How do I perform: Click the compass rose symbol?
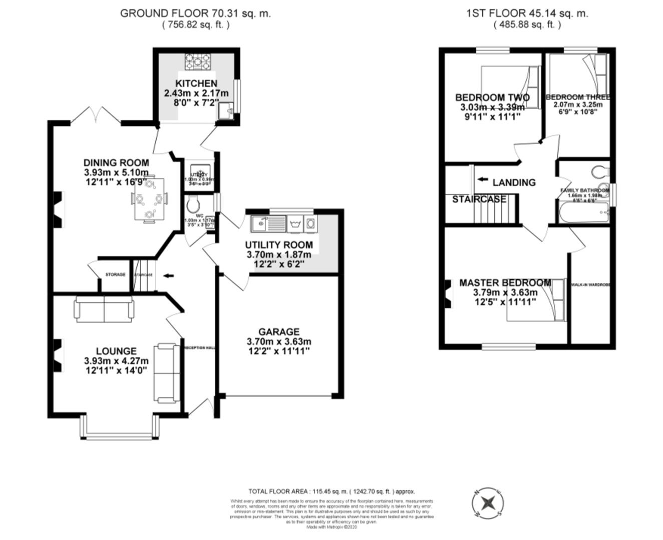point(488,502)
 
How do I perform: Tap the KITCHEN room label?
point(196,83)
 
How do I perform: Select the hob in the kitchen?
point(198,61)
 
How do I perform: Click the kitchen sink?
point(225,111)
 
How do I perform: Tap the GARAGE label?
point(279,331)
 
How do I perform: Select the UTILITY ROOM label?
point(279,244)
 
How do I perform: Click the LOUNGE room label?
point(116,351)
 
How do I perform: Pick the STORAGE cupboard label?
point(115,274)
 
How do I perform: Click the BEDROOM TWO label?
point(492,97)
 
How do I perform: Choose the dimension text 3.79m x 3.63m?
point(505,292)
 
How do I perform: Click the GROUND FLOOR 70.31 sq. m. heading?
point(195,13)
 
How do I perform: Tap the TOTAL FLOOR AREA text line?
point(331,491)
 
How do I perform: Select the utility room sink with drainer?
point(269,223)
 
